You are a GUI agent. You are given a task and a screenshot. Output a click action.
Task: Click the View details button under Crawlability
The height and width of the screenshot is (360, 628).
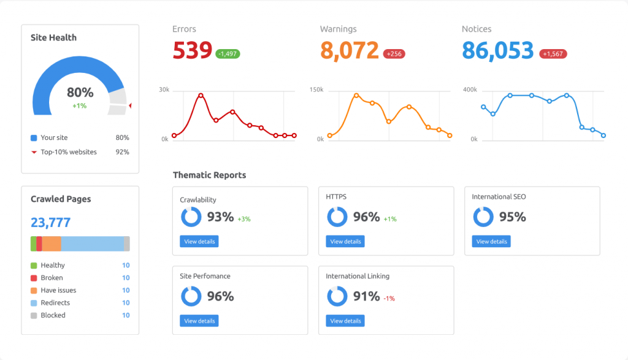pos(199,242)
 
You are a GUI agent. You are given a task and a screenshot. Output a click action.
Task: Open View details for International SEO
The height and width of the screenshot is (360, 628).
pos(491,242)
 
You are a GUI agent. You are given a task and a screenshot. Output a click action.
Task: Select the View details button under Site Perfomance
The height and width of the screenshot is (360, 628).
pos(199,321)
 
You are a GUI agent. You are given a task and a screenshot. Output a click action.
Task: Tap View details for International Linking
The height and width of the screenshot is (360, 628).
pos(345,321)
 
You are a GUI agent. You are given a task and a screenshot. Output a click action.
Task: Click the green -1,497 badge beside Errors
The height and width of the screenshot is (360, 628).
pos(228,54)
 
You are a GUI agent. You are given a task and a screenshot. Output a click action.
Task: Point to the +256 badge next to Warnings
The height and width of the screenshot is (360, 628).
pos(394,54)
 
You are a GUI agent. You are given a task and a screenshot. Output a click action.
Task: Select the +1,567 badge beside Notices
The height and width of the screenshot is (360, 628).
pos(553,54)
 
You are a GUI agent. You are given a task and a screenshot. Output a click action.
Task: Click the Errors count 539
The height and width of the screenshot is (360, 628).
pos(192,51)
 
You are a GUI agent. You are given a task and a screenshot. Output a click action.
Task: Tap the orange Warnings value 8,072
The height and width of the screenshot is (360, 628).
pos(350,51)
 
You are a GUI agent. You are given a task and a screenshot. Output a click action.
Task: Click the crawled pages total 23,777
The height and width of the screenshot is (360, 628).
pos(51,223)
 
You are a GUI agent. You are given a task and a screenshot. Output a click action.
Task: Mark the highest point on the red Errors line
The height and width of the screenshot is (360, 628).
pos(201,95)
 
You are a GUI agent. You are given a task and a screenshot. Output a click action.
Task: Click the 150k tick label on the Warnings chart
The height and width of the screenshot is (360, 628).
pos(316,90)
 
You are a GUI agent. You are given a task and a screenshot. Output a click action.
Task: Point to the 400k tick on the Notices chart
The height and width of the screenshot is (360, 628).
pos(470,90)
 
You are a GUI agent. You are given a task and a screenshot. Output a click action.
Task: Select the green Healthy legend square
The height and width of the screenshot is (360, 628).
pos(34,266)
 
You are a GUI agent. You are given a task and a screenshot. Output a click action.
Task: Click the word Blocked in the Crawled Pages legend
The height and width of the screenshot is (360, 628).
pos(53,315)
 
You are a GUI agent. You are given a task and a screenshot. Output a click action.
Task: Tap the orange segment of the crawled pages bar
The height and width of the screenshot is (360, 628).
pos(52,244)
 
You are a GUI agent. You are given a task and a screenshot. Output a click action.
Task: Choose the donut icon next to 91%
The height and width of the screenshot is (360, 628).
pos(337,296)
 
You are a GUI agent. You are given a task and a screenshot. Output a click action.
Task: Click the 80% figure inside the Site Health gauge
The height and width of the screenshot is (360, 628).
pos(80,93)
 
